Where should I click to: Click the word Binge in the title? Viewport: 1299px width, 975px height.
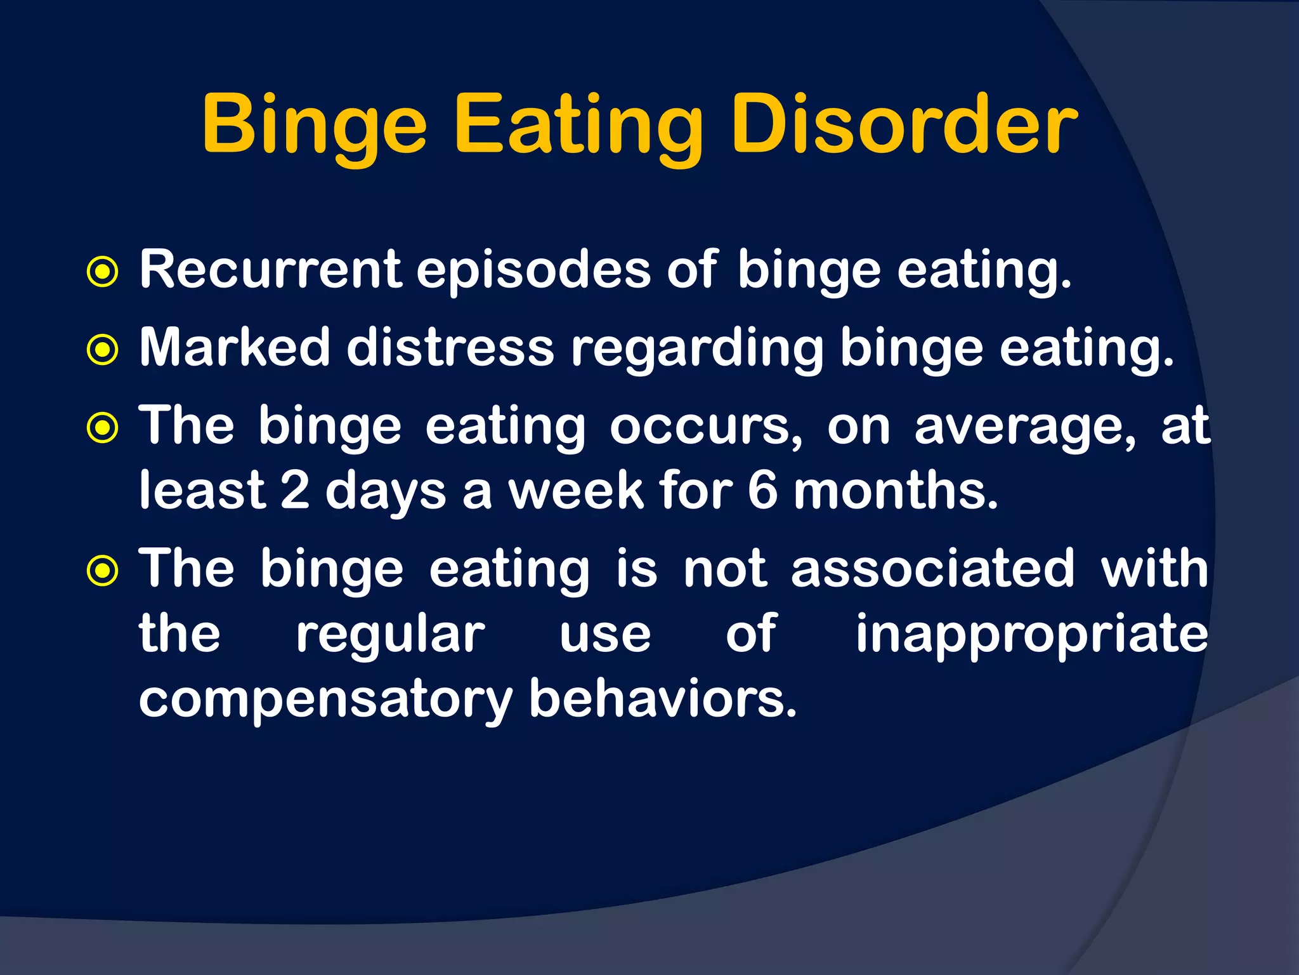[x=314, y=125]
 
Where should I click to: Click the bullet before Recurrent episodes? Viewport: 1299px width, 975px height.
[x=102, y=272]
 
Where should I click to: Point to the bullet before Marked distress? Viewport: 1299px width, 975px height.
[x=102, y=350]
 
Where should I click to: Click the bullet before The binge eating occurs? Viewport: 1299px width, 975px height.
[x=102, y=428]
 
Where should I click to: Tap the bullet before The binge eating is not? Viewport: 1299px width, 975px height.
[x=102, y=571]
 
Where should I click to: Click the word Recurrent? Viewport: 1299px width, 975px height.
[x=271, y=270]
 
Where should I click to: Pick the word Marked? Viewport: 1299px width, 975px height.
[x=235, y=348]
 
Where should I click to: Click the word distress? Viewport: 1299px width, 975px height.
[x=450, y=348]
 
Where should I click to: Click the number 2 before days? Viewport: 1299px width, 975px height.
[x=295, y=491]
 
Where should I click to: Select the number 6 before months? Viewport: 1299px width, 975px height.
[x=762, y=491]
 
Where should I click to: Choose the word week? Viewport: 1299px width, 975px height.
[x=576, y=491]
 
